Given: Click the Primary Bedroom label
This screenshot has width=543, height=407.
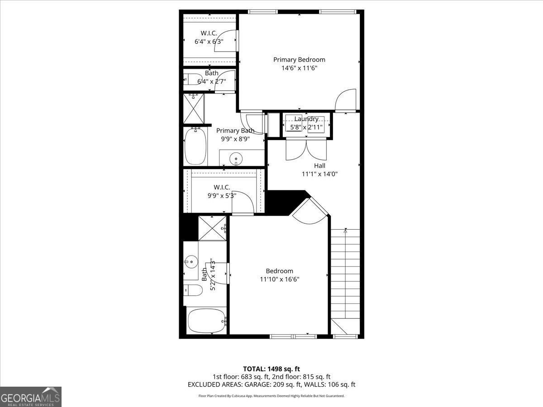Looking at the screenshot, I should [299, 60].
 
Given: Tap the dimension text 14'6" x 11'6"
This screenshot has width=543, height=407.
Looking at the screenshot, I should [299, 68].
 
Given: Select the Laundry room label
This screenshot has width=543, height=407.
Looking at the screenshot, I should [306, 119].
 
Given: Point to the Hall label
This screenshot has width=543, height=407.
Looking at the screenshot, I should [319, 166].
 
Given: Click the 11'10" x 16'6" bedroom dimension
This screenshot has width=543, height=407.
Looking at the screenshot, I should [279, 279].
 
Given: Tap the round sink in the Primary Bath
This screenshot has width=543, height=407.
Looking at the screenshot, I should [236, 159].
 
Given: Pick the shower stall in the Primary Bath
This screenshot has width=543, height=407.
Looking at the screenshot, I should [194, 108].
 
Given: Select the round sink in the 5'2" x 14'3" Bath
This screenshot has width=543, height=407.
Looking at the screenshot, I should [191, 261].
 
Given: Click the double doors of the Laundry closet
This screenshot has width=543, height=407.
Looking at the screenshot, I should [306, 149].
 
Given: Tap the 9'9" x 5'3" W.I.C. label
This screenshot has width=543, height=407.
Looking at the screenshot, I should [222, 187].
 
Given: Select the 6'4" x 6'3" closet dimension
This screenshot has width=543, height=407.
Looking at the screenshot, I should [209, 42].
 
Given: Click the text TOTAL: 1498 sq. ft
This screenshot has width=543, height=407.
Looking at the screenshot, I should [271, 369].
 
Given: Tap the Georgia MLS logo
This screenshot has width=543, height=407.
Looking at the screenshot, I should [31, 397].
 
